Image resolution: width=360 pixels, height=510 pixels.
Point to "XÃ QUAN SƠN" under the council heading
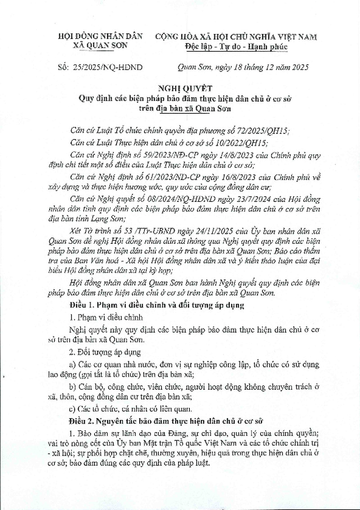tap(100, 46)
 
